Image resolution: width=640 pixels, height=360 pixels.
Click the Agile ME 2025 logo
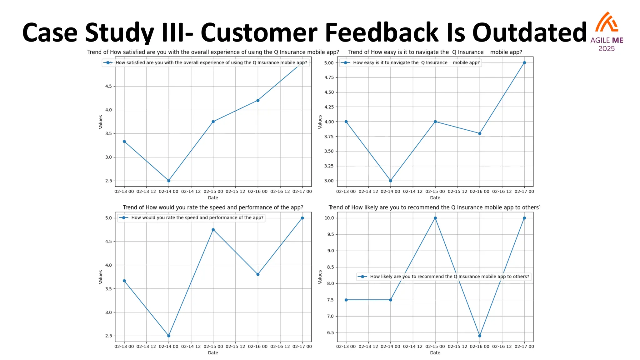(607, 31)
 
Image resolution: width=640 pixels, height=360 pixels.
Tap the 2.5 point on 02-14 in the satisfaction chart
(169, 181)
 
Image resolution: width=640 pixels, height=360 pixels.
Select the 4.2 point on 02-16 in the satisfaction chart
(258, 100)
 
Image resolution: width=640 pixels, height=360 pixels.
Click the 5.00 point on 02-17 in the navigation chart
(524, 63)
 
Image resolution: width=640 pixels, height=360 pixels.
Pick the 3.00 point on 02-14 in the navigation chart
(390, 181)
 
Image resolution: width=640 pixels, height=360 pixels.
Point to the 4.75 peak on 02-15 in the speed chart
(213, 230)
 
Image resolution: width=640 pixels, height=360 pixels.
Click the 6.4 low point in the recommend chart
(480, 336)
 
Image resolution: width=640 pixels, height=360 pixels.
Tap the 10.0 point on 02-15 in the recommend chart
(435, 218)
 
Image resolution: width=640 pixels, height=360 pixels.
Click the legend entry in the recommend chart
(444, 277)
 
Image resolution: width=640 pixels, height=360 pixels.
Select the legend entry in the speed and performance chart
(191, 218)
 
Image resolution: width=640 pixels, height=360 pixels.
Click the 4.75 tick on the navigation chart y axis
(329, 77)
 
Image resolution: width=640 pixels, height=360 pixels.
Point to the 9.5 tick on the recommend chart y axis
(330, 234)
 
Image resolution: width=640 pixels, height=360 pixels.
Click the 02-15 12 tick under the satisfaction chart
(235, 191)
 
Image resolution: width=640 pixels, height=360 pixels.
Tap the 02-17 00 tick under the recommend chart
(524, 346)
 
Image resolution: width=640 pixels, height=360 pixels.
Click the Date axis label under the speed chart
(213, 353)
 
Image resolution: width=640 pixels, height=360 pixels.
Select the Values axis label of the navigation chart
(320, 122)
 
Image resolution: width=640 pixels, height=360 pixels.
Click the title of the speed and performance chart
(213, 207)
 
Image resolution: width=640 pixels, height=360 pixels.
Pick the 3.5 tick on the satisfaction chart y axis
(108, 133)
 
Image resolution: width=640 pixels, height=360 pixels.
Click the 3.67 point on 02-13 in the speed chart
(124, 281)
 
